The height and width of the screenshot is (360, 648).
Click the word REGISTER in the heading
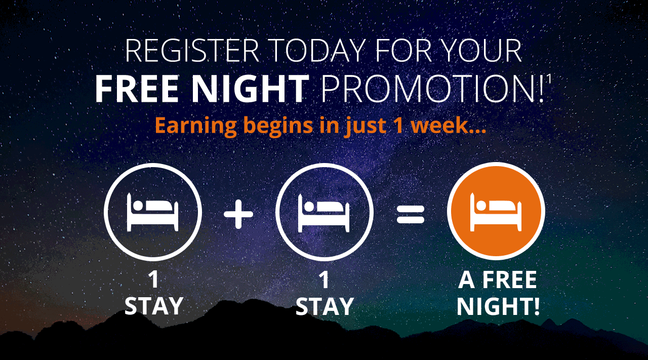(192, 51)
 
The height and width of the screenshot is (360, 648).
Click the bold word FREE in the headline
(137, 89)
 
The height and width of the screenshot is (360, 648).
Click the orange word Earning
(196, 126)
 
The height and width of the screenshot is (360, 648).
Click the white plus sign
(238, 215)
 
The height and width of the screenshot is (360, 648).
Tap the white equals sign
(411, 215)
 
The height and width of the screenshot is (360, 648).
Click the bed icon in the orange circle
(496, 212)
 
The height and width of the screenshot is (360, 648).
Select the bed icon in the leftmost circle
(152, 212)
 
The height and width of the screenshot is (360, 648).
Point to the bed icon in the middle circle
(323, 213)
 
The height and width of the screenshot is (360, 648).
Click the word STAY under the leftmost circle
(153, 306)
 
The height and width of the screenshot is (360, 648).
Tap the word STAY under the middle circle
(325, 306)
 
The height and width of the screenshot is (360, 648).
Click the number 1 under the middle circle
(325, 280)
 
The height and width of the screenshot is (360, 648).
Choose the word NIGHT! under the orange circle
(498, 306)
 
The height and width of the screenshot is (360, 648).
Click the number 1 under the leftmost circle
(153, 280)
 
